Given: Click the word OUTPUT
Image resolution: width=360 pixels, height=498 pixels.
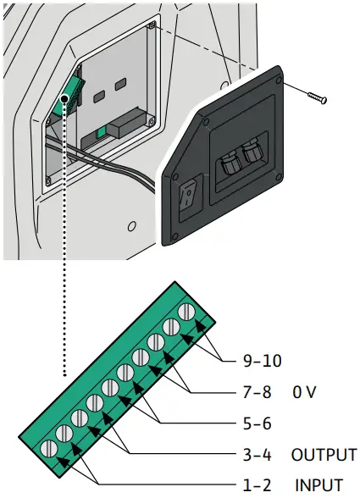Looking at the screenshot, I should point(324,454).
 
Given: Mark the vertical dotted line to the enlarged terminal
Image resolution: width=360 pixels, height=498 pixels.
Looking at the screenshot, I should point(64,254).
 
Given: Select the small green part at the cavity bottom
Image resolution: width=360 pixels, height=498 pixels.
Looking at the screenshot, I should point(102,132).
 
